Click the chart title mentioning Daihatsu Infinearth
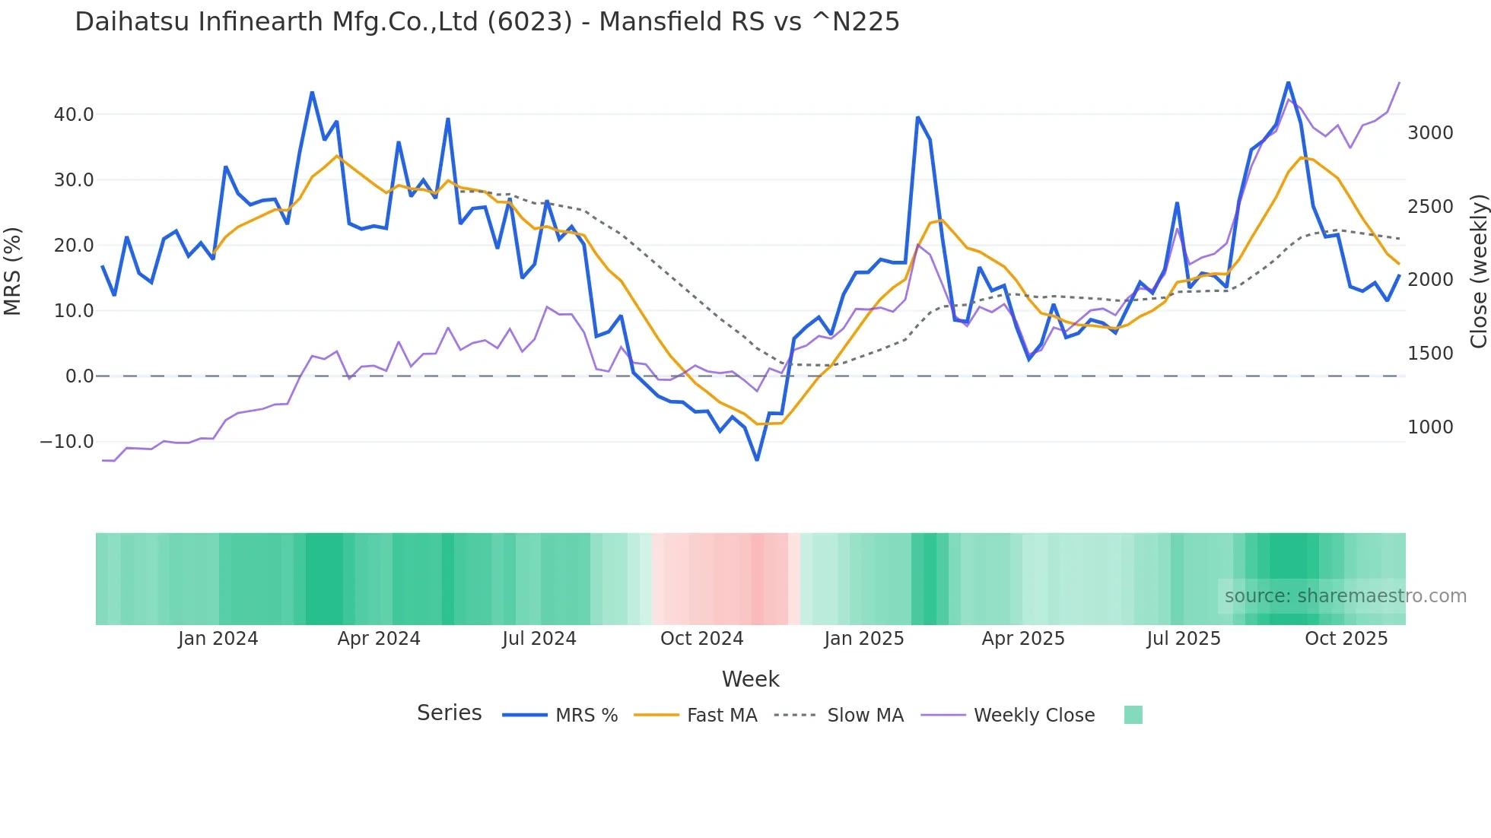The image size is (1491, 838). click(487, 22)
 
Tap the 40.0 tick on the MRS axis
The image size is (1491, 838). click(74, 115)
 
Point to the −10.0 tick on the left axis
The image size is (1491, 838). click(67, 442)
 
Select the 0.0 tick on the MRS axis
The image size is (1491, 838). click(79, 376)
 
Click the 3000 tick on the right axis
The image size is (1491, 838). click(1430, 133)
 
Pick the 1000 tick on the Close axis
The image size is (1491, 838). click(1430, 427)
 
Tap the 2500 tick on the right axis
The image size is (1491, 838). click(1430, 207)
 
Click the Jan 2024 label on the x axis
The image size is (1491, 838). click(218, 639)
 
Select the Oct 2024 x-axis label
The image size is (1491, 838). click(701, 639)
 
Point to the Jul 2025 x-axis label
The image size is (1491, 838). click(1184, 639)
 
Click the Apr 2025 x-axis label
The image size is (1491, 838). click(1023, 639)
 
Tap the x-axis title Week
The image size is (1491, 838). click(750, 679)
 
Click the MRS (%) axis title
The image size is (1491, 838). click(13, 271)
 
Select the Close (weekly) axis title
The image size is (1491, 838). click(1478, 271)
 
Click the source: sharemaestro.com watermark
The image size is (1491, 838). click(1345, 596)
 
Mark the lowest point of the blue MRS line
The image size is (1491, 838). click(757, 460)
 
